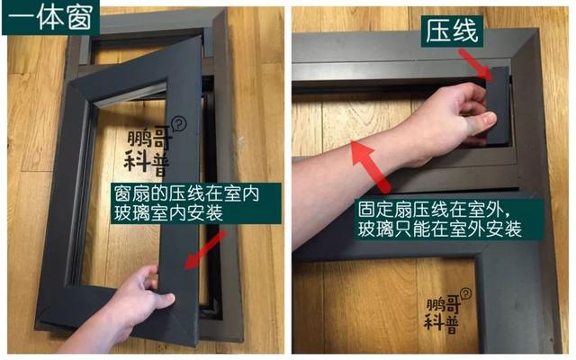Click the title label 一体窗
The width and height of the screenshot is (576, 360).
click(x=50, y=17)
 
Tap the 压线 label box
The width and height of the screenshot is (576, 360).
click(x=452, y=31)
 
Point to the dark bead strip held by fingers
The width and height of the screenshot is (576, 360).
click(x=499, y=106)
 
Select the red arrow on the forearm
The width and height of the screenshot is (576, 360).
click(x=370, y=166)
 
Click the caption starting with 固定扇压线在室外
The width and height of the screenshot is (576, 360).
click(x=440, y=220)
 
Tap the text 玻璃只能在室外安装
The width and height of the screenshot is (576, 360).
click(x=440, y=229)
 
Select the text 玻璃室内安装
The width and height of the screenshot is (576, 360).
click(x=168, y=212)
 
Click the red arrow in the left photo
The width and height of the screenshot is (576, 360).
click(x=204, y=250)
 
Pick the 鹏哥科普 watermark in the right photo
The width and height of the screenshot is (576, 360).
click(x=443, y=311)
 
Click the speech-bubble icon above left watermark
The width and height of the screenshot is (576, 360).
click(x=180, y=123)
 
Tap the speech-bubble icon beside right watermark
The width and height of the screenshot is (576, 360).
click(x=466, y=293)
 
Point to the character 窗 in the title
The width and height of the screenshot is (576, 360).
click(x=80, y=17)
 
